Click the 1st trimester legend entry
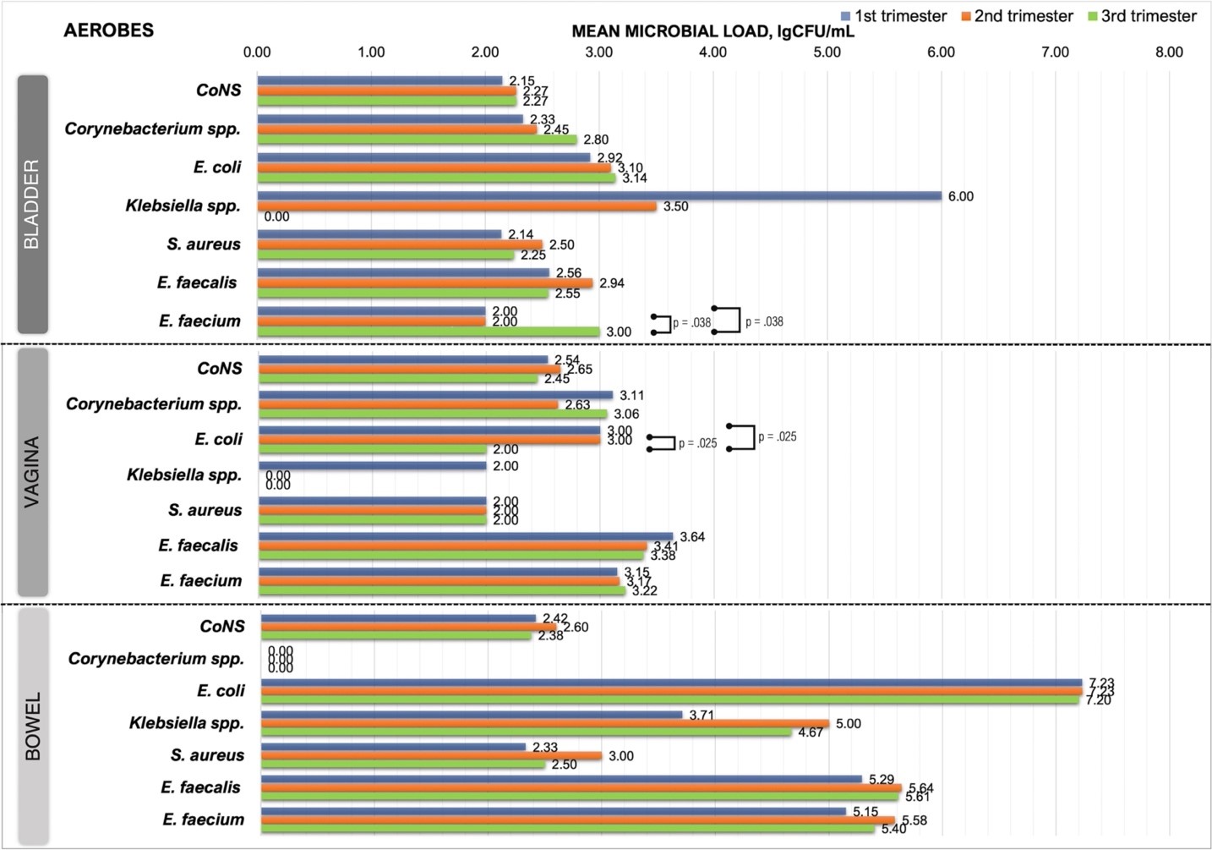[x=893, y=16]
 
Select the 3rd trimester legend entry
[x=1142, y=16]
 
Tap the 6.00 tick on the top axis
[x=941, y=52]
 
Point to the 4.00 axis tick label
[x=712, y=52]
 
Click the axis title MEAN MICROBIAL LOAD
[x=712, y=32]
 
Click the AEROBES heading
[x=109, y=30]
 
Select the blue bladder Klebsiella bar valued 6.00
[x=599, y=196]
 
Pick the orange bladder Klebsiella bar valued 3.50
[x=456, y=206]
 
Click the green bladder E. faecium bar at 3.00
[x=429, y=332]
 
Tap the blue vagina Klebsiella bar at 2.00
[x=373, y=466]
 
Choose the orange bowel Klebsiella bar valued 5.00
[x=545, y=723]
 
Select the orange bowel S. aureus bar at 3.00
[x=431, y=755]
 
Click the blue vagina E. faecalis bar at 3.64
[x=466, y=536]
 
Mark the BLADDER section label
[x=32, y=204]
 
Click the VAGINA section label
[x=32, y=472]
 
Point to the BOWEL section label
[x=33, y=727]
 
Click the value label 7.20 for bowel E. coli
[x=1098, y=700]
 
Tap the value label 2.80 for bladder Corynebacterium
[x=596, y=140]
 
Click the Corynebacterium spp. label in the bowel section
[x=156, y=658]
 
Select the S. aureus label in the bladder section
[x=204, y=244]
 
